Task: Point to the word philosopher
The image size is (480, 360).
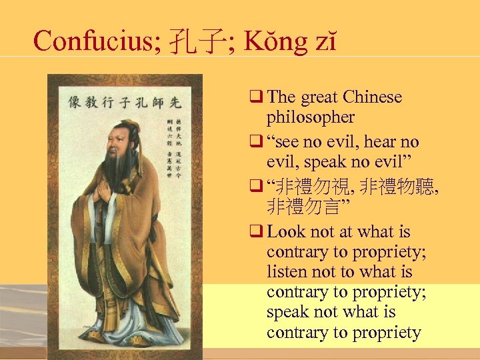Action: (x=311, y=117)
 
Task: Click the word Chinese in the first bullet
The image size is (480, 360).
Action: (x=373, y=97)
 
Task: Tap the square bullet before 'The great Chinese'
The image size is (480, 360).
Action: (x=257, y=97)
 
